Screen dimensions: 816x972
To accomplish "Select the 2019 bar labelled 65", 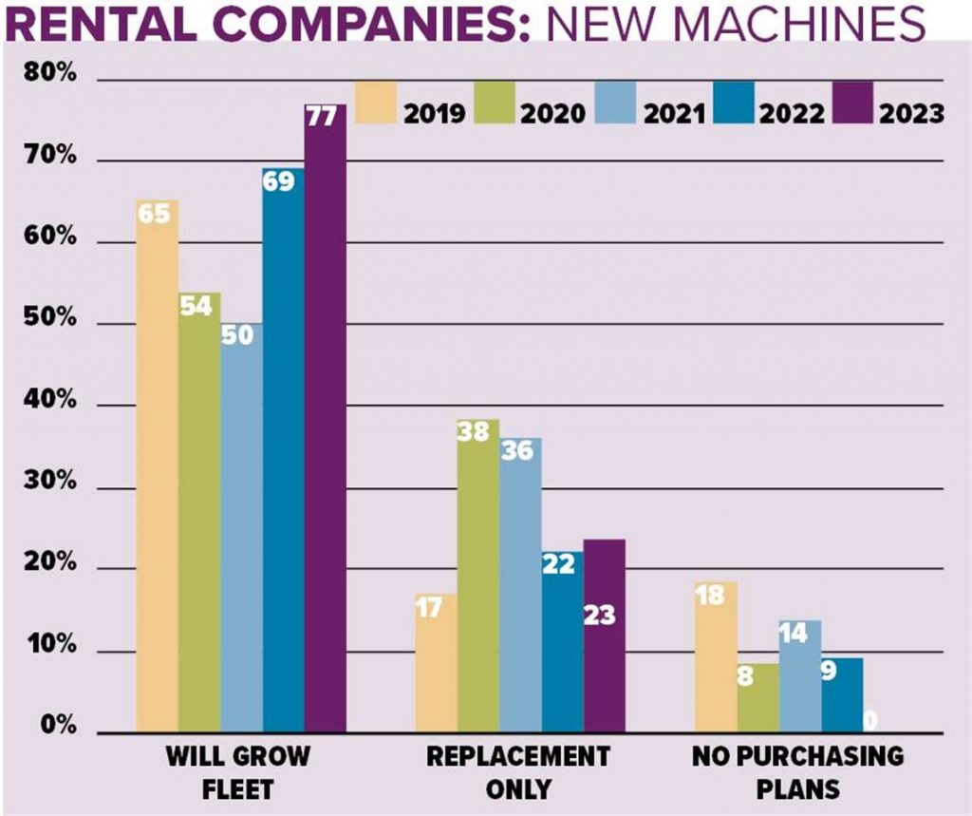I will tap(157, 465).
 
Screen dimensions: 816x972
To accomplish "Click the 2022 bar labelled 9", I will tap(842, 693).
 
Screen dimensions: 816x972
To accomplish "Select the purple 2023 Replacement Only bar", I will tap(604, 636).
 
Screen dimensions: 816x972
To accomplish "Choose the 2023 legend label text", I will tap(911, 114).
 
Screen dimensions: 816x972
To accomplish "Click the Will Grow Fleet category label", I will tap(237, 772).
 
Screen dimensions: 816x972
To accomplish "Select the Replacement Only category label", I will tap(517, 772).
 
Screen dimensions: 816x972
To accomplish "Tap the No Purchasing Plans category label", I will tap(797, 772).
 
